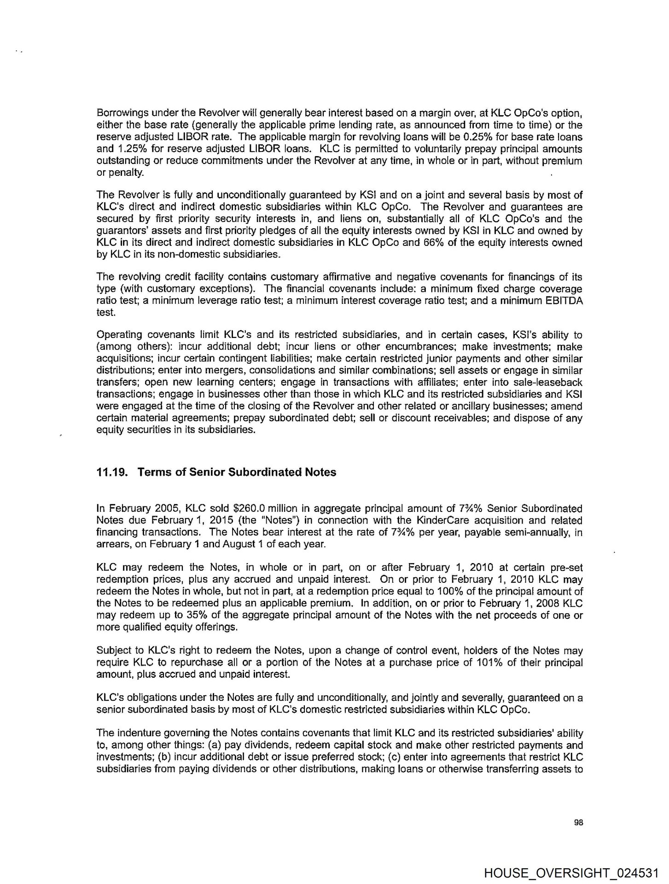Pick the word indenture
tap(132, 733)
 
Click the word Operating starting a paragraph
tap(116, 335)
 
